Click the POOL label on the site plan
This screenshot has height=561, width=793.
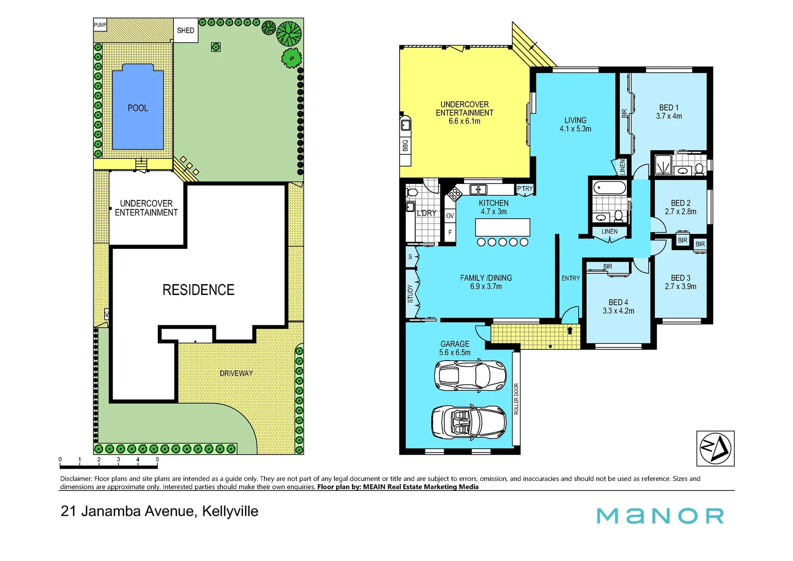point(138,108)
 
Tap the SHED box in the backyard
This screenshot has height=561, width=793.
point(185,31)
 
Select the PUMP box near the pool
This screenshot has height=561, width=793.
point(100,25)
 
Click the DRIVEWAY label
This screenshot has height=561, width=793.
point(236,373)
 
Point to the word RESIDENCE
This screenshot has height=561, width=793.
point(198,290)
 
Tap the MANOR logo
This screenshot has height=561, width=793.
point(660,516)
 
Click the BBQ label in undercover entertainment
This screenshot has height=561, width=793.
point(405,145)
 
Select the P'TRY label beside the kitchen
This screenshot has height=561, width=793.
point(525,189)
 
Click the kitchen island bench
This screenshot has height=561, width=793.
point(502,228)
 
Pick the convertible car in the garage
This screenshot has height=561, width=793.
point(469,422)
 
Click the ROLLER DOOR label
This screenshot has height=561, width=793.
point(516,399)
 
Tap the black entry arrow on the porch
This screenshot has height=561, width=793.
point(570,330)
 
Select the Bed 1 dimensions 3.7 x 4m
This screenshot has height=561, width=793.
point(668,116)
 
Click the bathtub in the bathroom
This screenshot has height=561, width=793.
point(610,187)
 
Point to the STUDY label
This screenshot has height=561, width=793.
point(410,293)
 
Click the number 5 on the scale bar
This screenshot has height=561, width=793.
point(157,460)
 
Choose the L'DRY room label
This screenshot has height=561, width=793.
point(426,213)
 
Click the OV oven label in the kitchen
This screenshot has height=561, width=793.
point(449,216)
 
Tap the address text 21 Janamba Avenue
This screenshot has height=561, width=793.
point(128,511)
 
